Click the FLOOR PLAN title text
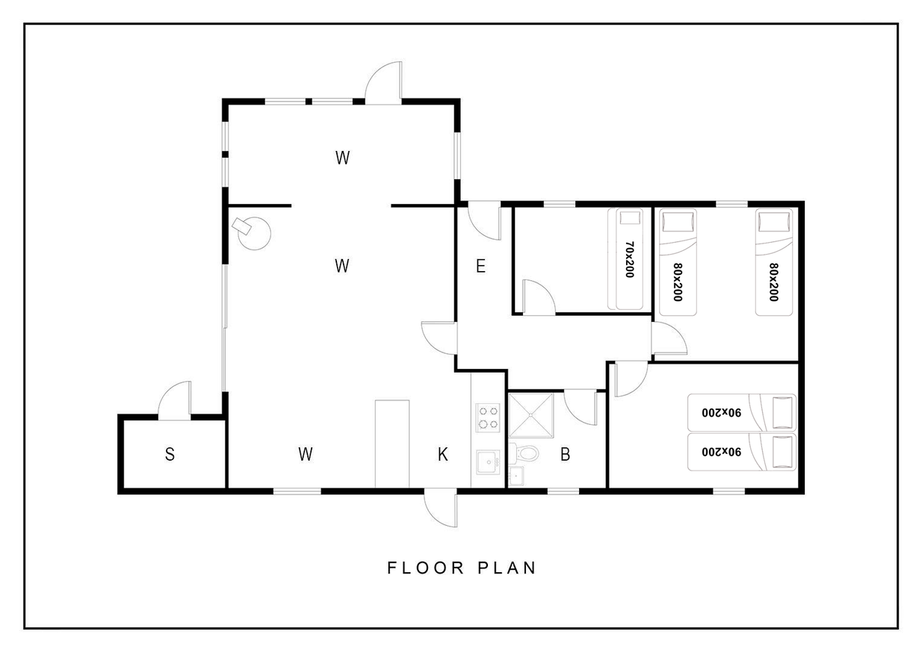tap(462, 568)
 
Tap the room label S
tap(170, 454)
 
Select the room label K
tap(443, 454)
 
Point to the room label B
tap(565, 454)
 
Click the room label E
tap(480, 266)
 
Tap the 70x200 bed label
tap(630, 259)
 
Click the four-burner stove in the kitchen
tap(488, 417)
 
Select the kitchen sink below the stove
tap(488, 462)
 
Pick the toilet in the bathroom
tap(524, 453)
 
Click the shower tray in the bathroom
tap(531, 415)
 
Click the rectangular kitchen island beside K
tap(392, 444)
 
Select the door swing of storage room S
tap(175, 400)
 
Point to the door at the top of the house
tap(383, 83)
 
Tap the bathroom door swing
tap(581, 408)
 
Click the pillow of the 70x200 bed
tap(631, 218)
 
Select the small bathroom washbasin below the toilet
tap(516, 476)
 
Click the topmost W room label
tap(342, 158)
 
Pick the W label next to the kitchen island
tap(306, 454)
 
